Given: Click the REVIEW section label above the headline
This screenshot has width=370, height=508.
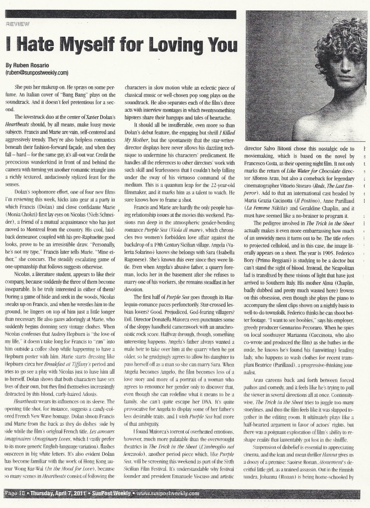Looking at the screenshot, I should click(18, 23).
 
